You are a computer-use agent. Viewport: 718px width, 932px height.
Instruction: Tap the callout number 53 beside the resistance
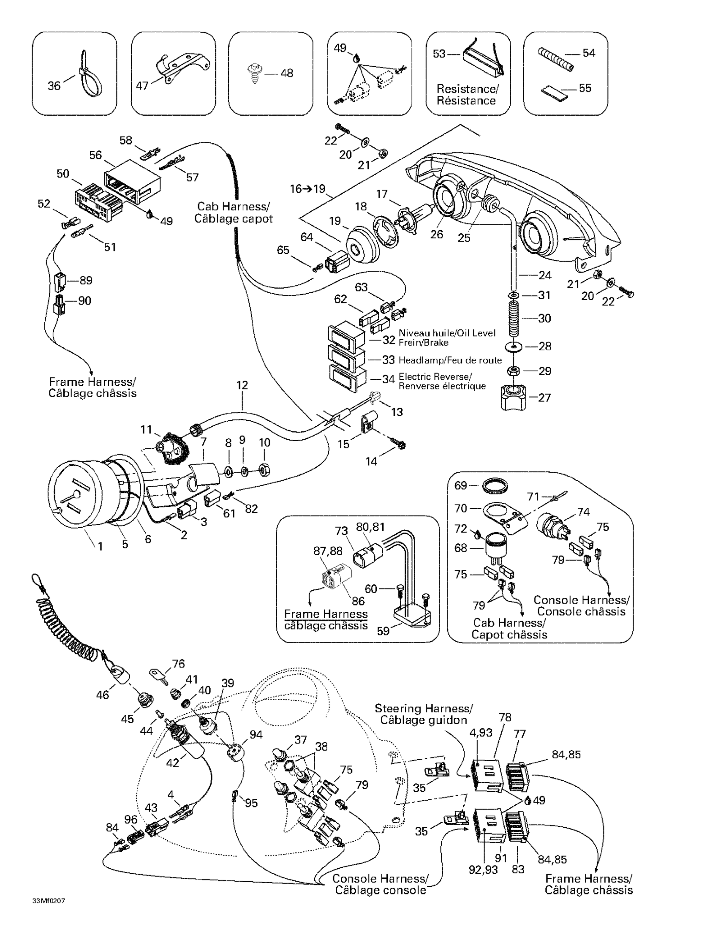439,54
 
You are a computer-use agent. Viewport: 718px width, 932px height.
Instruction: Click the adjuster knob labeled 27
514,396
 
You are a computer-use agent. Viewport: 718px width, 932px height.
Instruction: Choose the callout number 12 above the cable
242,385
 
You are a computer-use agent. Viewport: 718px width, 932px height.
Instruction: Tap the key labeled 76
159,676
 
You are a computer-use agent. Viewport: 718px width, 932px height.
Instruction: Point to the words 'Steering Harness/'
424,709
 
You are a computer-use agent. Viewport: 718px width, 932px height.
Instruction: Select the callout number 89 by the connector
85,281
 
